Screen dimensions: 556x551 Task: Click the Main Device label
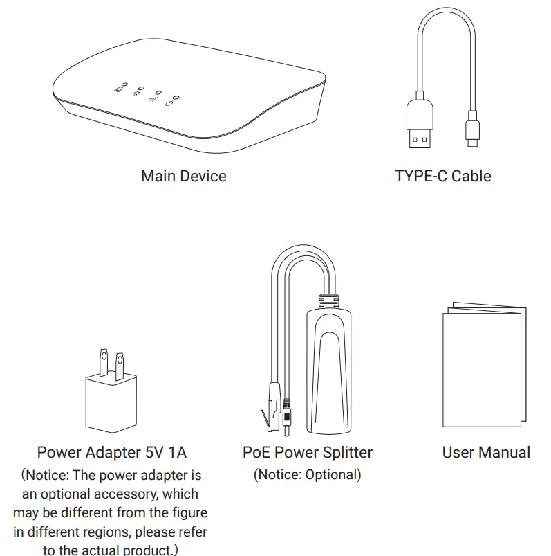coord(183,176)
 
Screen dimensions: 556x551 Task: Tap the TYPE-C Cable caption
coord(442,176)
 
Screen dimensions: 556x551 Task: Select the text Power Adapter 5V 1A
coord(111,453)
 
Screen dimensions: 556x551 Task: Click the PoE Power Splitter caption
coord(307,453)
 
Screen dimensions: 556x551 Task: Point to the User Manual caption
coord(486,453)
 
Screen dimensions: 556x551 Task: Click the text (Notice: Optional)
coord(307,475)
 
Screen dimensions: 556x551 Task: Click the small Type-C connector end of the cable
coord(473,132)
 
